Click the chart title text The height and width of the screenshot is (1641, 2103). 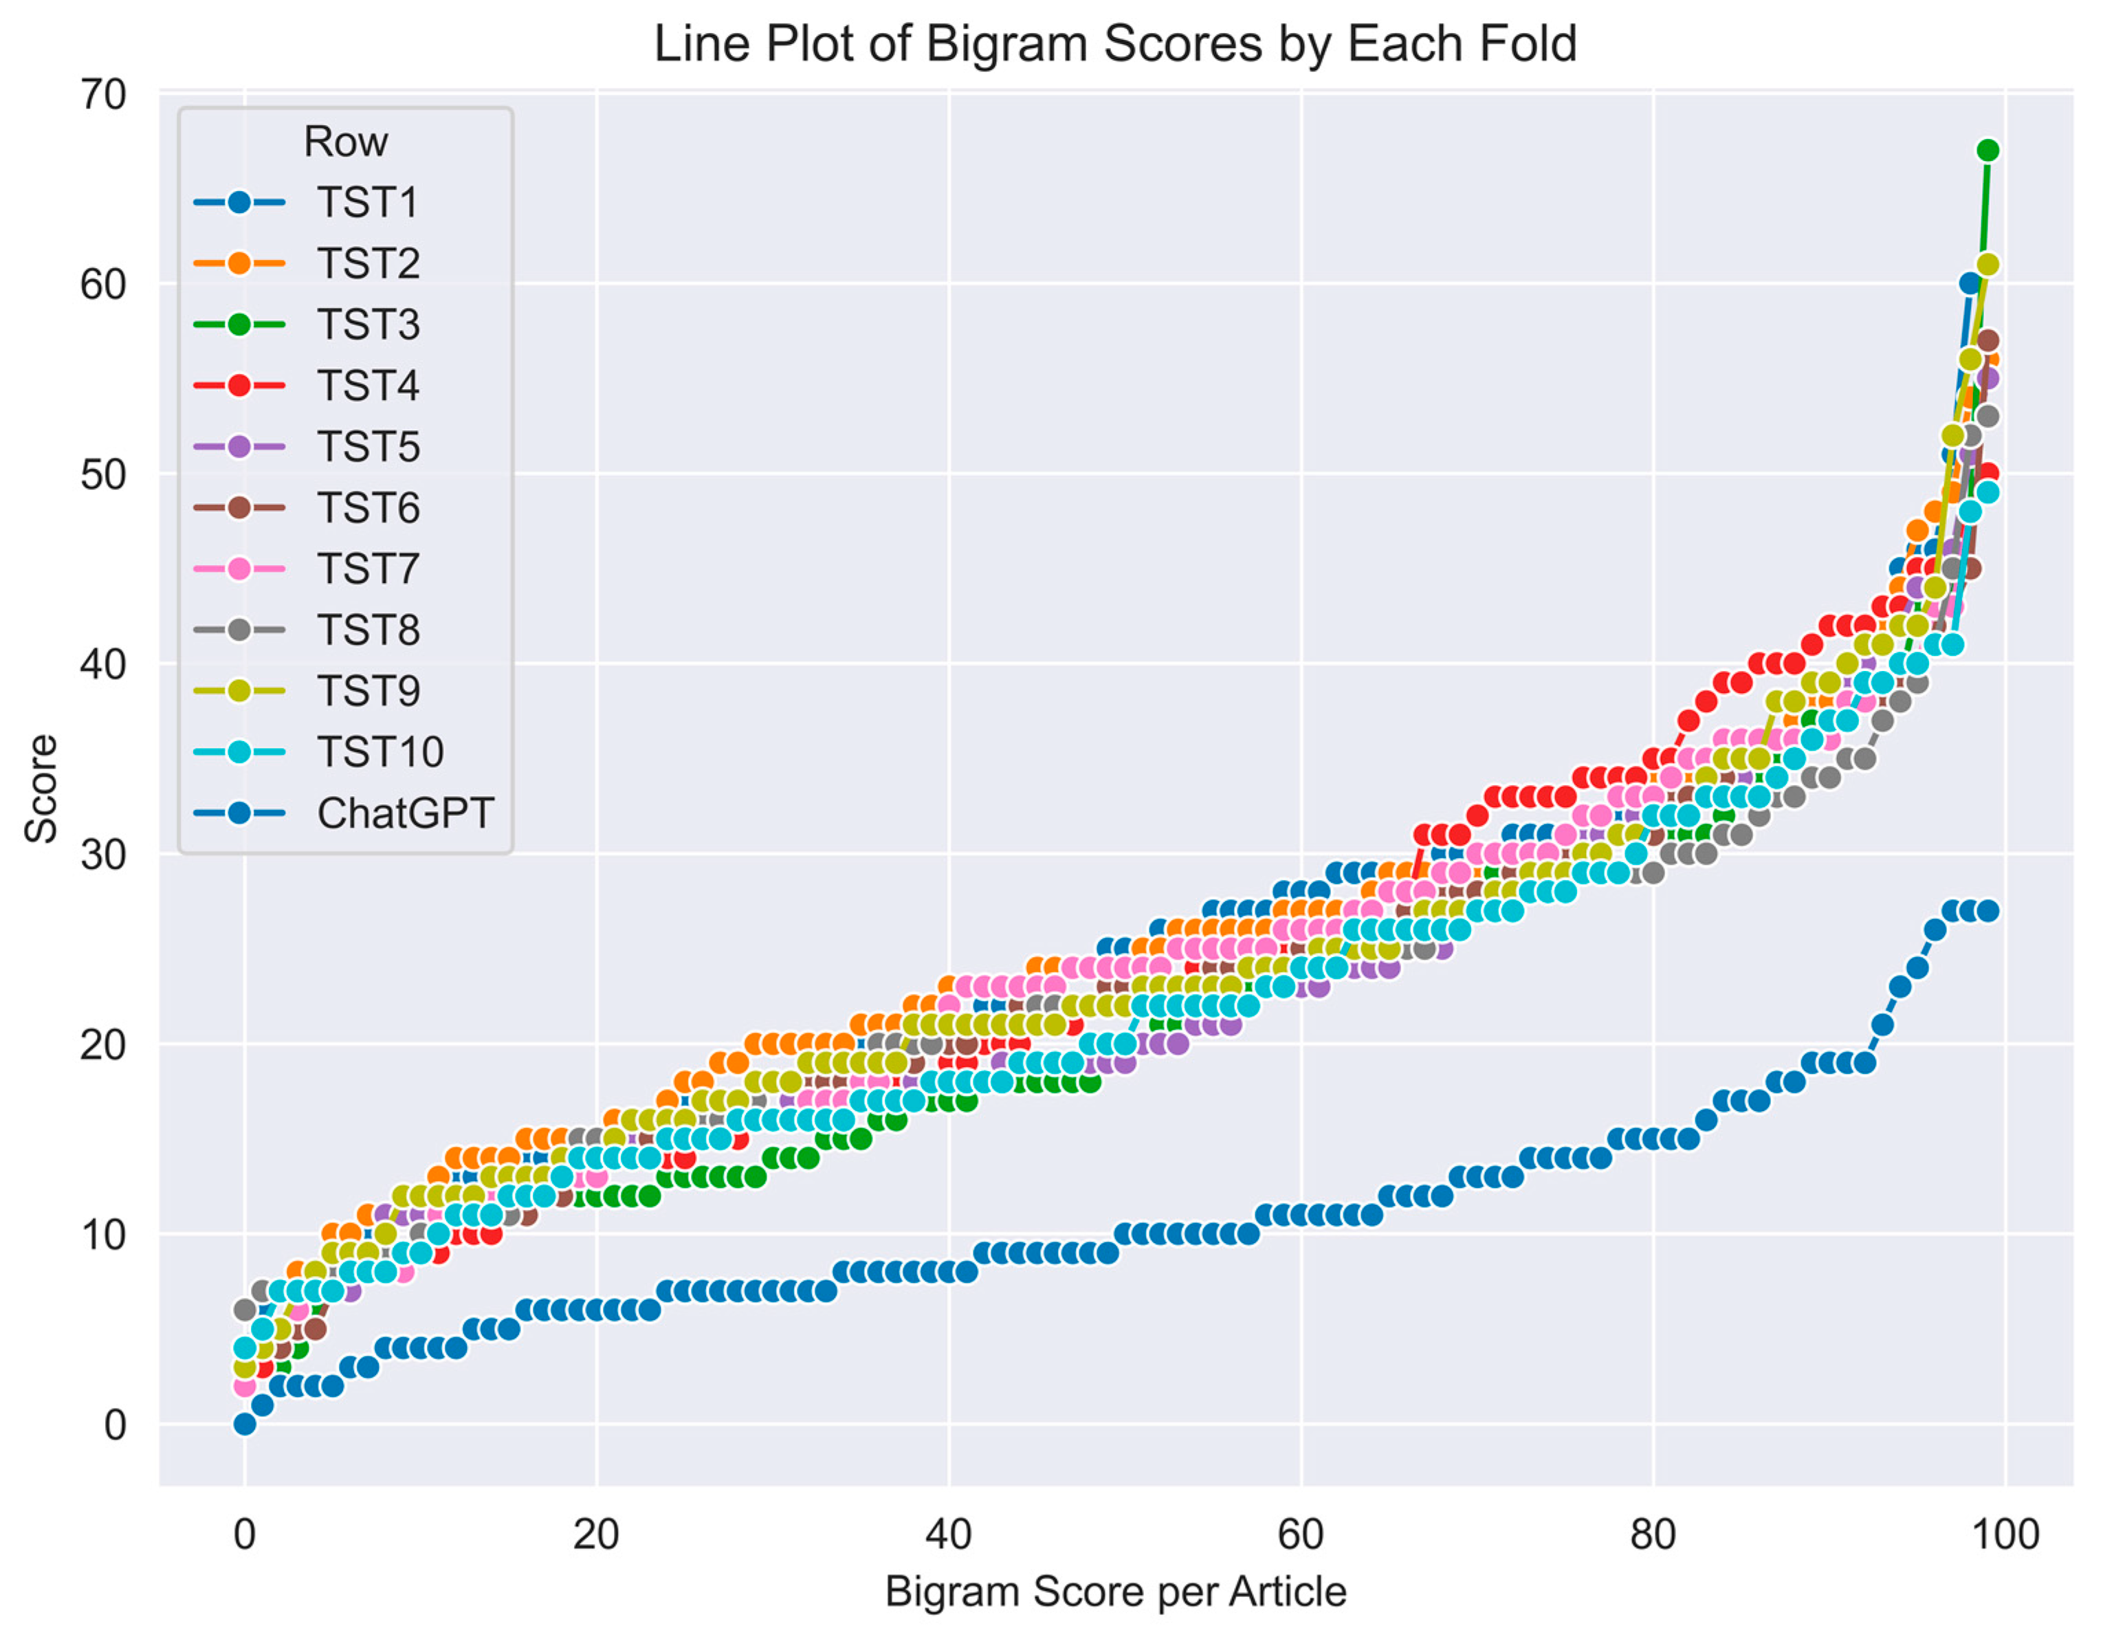pos(1115,44)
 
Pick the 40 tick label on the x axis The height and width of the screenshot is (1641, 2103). pos(949,1534)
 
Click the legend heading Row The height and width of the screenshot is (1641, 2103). pos(344,142)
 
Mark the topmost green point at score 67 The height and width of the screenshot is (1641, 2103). pos(1988,151)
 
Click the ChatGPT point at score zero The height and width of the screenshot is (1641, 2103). pos(245,1424)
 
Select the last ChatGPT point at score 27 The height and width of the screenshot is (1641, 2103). pos(1988,911)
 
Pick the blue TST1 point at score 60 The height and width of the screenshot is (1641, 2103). pos(1970,283)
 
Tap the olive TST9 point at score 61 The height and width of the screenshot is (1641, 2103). pos(1988,265)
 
